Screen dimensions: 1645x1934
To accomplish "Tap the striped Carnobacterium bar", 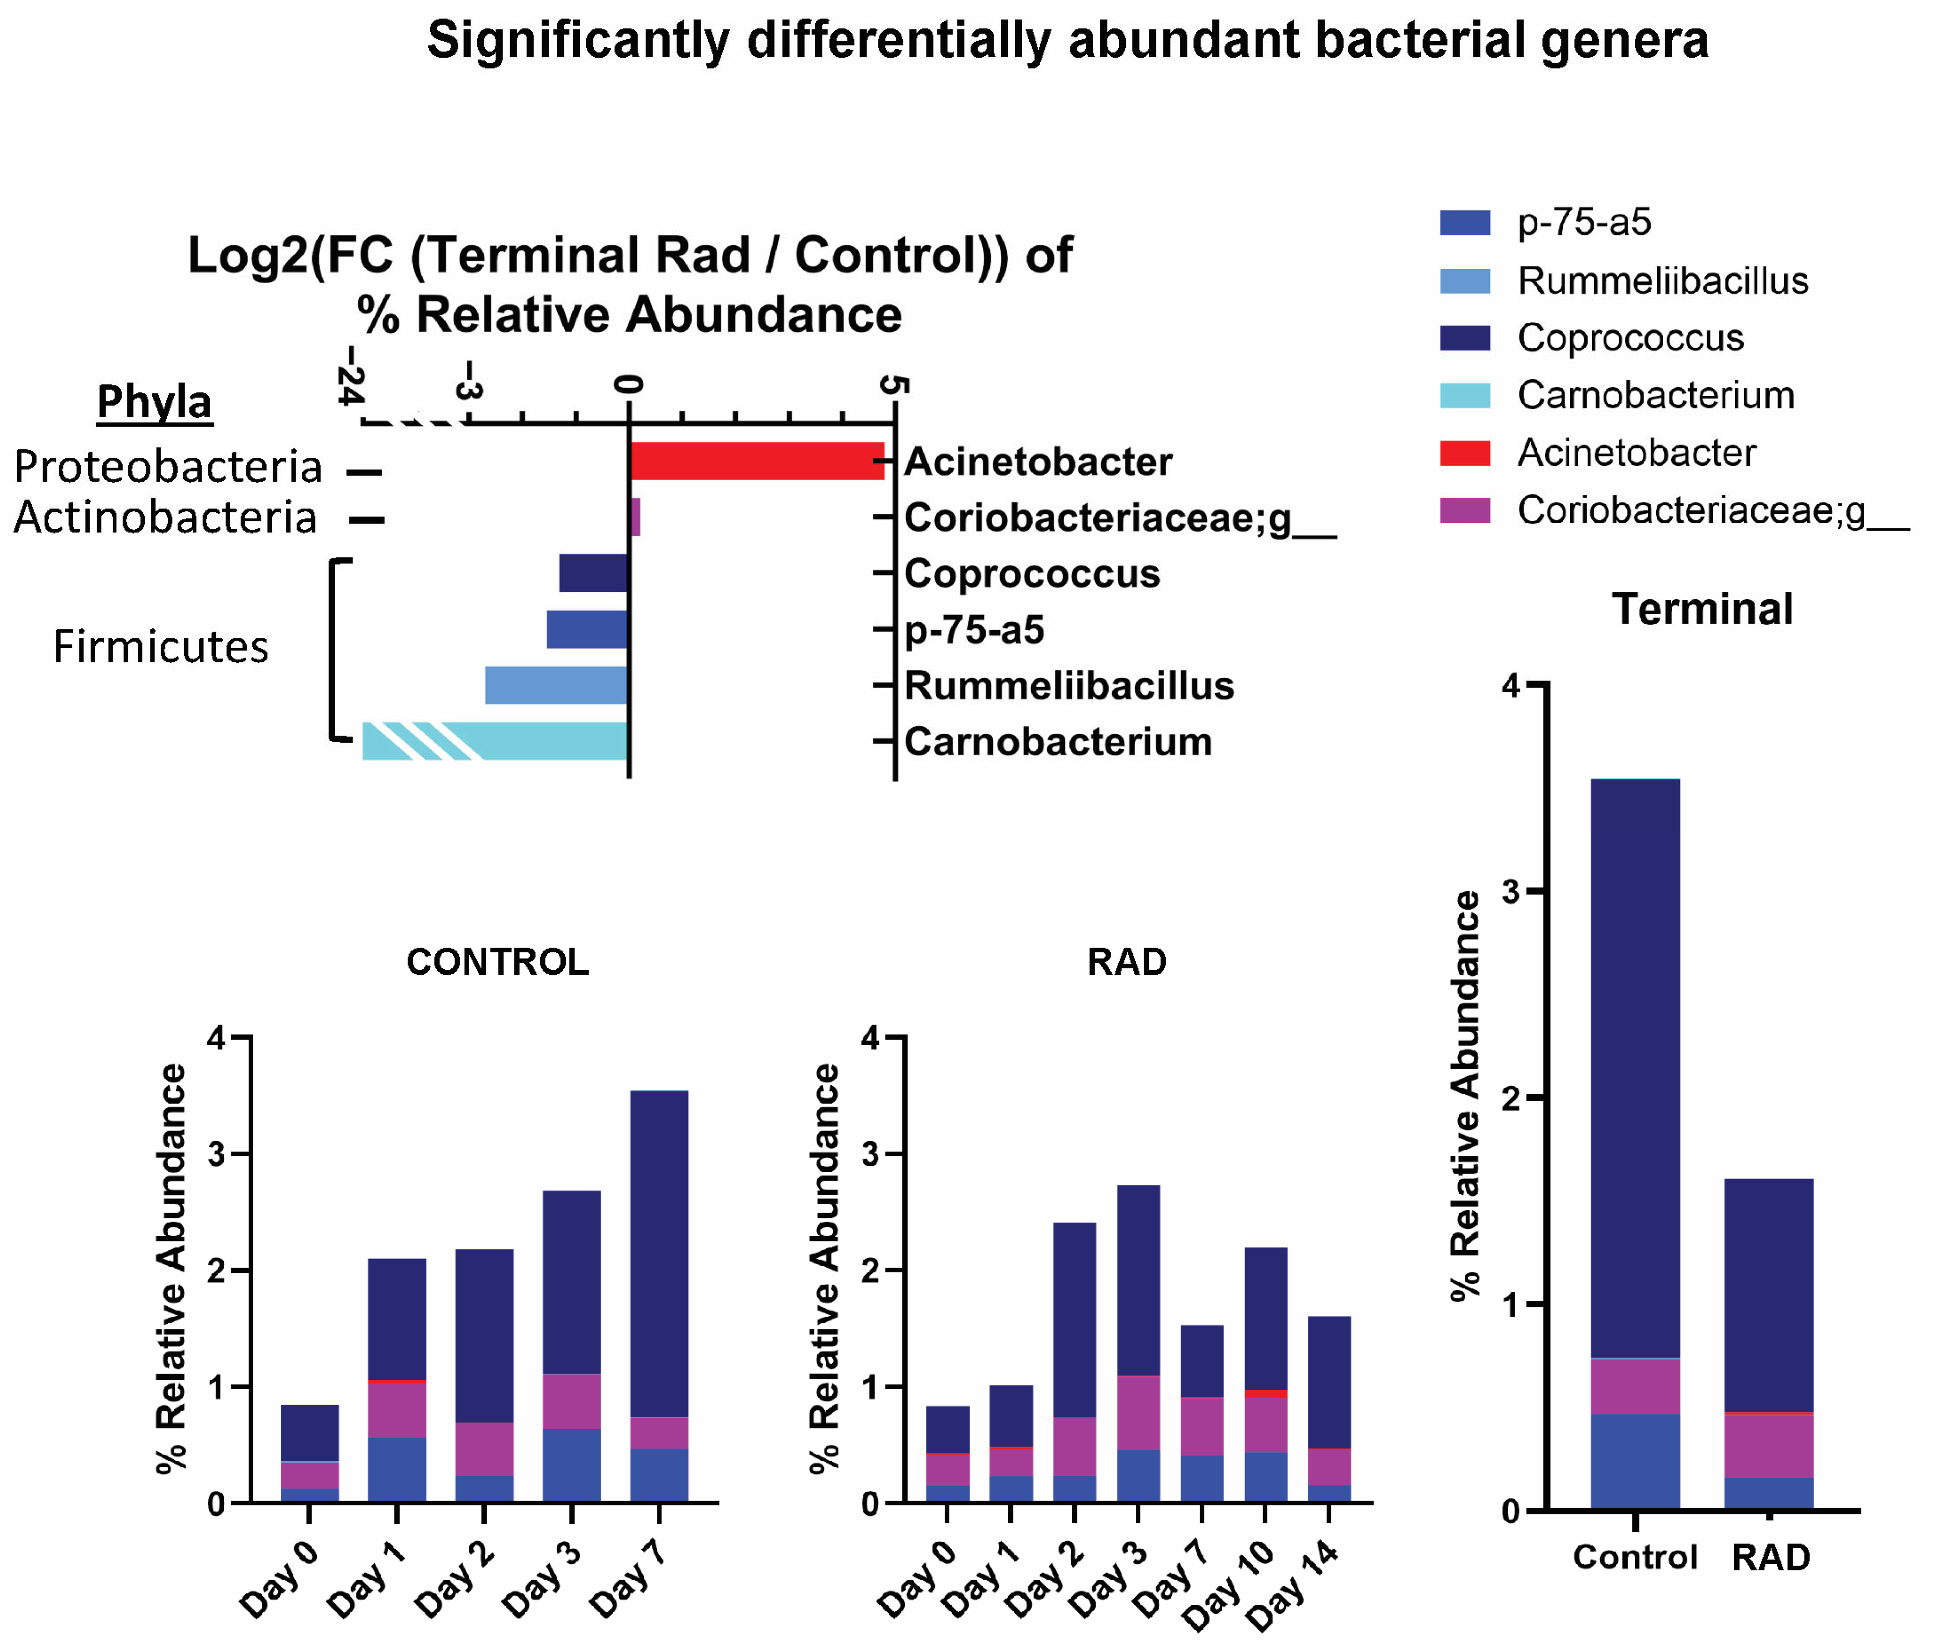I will pyautogui.click(x=494, y=741).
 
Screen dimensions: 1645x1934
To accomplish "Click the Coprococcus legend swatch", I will pyautogui.click(x=1464, y=338).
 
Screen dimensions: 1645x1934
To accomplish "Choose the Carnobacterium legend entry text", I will pyautogui.click(x=1655, y=395).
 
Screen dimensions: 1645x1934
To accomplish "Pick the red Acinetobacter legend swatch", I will pyautogui.click(x=1464, y=452).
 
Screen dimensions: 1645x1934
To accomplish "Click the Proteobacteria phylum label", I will pyautogui.click(x=168, y=466).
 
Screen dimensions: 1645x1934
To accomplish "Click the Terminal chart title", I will pyautogui.click(x=1702, y=609).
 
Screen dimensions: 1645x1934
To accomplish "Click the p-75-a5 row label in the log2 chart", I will pyautogui.click(x=973, y=629).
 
